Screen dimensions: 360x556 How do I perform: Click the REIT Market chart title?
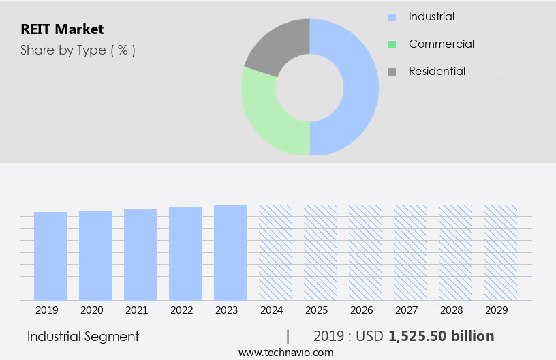61,29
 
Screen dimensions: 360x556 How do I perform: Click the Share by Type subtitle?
78,50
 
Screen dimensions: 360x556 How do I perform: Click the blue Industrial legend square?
392,17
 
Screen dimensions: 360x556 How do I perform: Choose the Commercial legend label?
441,44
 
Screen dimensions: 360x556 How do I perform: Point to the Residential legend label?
437,71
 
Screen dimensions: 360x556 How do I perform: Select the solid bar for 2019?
51,256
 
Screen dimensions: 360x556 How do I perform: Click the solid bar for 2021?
141,254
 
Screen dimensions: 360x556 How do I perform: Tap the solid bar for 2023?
230,252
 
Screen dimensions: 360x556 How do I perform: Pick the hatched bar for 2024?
275,252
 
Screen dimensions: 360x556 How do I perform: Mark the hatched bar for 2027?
411,252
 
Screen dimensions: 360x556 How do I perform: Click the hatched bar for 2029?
500,252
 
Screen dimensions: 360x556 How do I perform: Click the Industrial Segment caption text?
83,336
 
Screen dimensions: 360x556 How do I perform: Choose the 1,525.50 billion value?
441,336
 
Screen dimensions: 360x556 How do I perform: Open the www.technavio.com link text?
285,352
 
